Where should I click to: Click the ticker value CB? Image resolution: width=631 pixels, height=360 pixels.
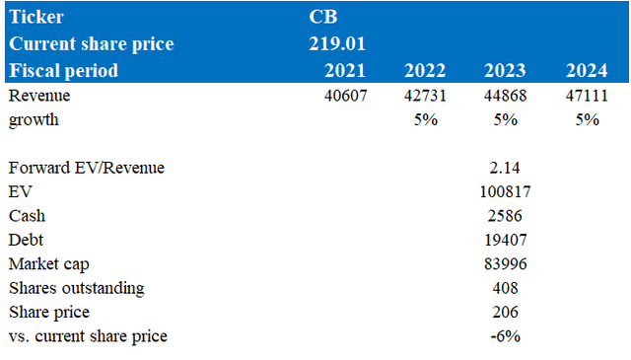(324, 17)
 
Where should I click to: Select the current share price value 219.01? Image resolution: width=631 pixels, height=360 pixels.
(337, 44)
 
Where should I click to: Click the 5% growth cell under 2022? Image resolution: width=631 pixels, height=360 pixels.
(426, 119)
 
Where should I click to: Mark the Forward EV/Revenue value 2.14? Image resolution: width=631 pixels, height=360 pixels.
(503, 168)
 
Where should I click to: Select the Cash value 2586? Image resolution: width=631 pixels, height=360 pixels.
(503, 215)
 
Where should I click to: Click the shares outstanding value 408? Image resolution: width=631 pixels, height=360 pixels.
(503, 288)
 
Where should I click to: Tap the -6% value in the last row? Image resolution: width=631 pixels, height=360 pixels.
(505, 336)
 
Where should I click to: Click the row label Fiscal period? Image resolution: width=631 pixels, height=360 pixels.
(63, 71)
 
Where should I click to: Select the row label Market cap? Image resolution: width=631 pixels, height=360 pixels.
(48, 263)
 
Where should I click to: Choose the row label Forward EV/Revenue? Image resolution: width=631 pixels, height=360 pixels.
(86, 168)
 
